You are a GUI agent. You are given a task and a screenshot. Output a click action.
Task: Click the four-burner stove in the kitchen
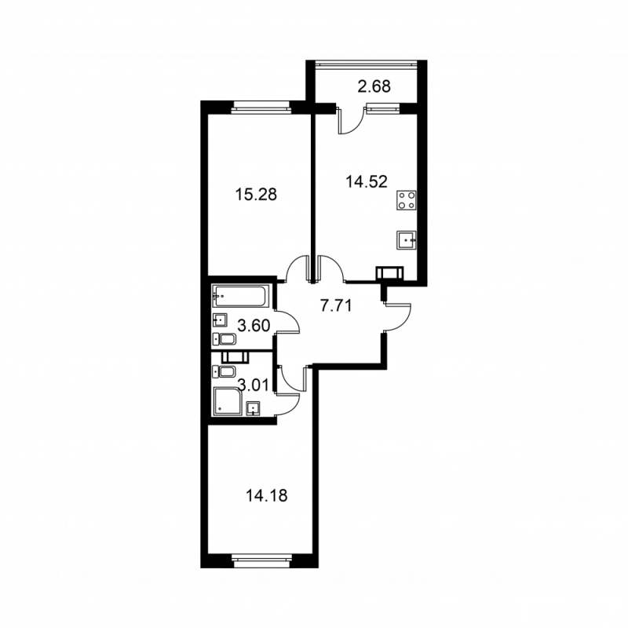coord(407,200)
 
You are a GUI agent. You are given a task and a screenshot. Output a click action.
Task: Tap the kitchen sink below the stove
coord(407,239)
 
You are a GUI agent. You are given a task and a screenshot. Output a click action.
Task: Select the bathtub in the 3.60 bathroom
coord(240,298)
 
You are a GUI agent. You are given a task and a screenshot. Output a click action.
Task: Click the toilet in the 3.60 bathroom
coord(225,339)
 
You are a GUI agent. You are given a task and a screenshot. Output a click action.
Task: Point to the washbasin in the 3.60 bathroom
coord(220,319)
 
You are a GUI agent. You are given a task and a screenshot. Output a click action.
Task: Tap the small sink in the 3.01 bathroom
coord(253,407)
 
